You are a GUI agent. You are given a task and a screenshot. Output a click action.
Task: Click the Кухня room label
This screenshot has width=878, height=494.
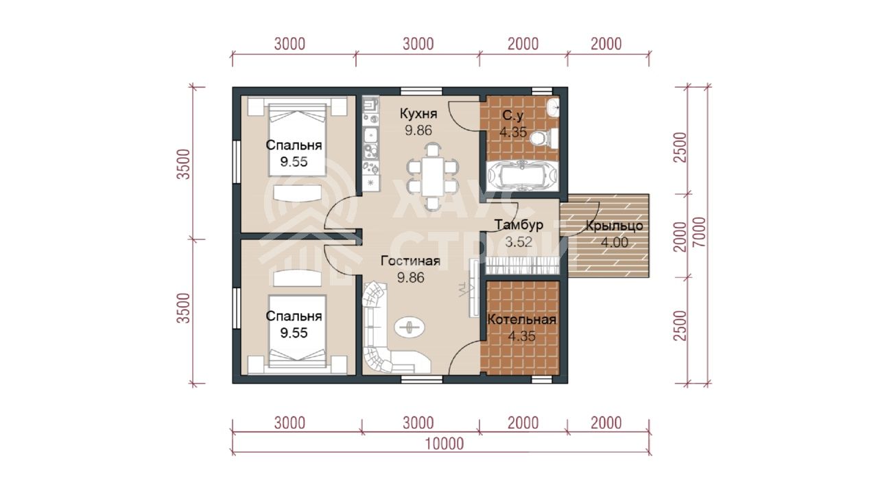click(x=418, y=114)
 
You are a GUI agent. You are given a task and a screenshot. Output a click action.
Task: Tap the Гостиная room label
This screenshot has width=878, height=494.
click(x=410, y=261)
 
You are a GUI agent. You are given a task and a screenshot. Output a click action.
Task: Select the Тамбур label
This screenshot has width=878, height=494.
click(x=519, y=225)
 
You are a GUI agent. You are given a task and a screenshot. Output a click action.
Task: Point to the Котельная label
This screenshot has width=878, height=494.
click(x=522, y=320)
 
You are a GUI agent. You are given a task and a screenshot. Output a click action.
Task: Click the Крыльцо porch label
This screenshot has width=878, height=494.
click(x=614, y=226)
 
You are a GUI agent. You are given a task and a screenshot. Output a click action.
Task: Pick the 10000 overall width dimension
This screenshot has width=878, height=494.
click(x=444, y=444)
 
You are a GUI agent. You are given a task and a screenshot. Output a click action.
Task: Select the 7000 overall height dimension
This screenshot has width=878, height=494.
click(x=699, y=232)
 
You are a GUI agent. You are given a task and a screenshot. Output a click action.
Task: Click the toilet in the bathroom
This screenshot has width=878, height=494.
click(x=544, y=139)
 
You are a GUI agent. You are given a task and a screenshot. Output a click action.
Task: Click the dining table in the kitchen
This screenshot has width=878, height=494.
click(x=433, y=176)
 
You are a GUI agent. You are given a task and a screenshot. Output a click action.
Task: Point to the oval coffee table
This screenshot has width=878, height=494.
click(x=410, y=327)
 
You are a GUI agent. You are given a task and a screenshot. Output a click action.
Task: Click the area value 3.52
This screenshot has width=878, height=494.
click(x=518, y=242)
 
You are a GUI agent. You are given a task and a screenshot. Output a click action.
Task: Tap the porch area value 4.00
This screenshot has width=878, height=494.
click(x=614, y=243)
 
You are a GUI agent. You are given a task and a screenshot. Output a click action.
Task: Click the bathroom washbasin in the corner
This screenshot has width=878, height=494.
click(x=554, y=107)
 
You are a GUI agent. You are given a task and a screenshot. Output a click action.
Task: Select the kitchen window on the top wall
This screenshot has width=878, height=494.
click(x=421, y=91)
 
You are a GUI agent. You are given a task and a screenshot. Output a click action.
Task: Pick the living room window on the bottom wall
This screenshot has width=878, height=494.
click(x=421, y=379)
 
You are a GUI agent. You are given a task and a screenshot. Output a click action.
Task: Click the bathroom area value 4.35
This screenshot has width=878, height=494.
click(x=512, y=132)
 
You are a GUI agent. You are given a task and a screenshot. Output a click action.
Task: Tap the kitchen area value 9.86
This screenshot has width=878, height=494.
click(x=418, y=130)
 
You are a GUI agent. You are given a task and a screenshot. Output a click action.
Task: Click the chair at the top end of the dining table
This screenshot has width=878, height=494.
click(x=433, y=150)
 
